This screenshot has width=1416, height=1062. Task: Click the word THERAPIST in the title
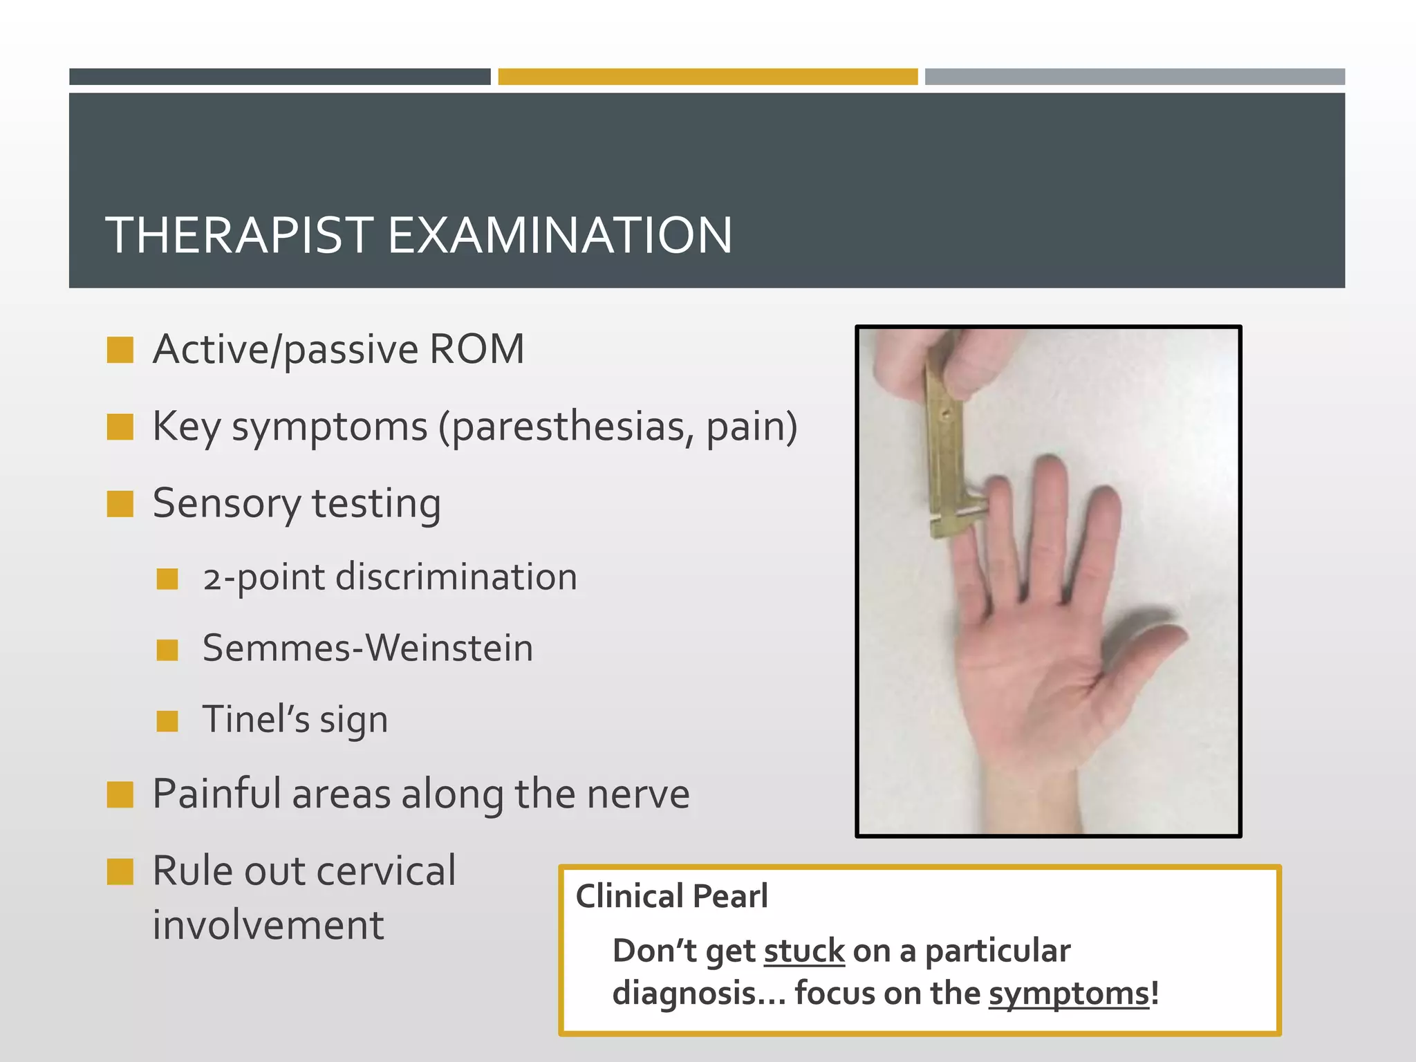240,236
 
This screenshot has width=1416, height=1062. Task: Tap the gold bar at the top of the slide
707,77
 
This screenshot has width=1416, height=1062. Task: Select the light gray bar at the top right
1134,77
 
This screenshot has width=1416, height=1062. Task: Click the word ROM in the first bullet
476,349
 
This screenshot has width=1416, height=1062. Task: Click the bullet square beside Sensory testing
120,505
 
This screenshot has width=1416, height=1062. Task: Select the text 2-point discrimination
389,577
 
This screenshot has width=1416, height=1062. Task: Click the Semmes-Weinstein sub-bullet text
367,649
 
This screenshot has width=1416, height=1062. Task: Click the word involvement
268,926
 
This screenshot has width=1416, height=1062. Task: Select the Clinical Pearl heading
671,897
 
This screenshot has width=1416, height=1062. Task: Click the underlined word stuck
804,951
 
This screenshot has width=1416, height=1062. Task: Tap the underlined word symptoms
1069,994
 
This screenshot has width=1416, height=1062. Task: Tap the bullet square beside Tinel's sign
167,721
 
